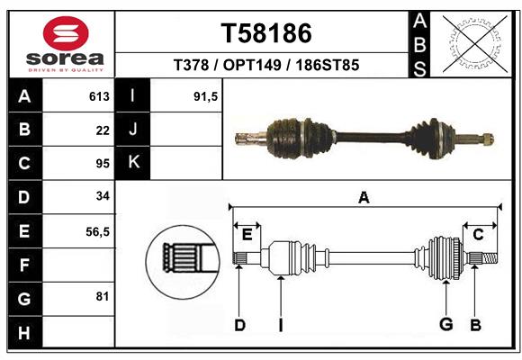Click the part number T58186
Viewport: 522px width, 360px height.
click(266, 33)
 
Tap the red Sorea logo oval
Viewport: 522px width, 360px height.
click(66, 33)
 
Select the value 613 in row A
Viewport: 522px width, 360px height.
click(99, 96)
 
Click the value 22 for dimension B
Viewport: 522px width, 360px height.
click(103, 130)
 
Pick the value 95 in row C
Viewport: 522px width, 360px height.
click(103, 164)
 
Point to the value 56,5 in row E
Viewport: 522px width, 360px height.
click(97, 232)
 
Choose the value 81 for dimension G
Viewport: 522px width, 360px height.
click(103, 296)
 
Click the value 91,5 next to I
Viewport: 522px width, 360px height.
click(205, 96)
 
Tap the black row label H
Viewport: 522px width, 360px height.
click(25, 332)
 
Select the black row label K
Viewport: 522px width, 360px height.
click(132, 163)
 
